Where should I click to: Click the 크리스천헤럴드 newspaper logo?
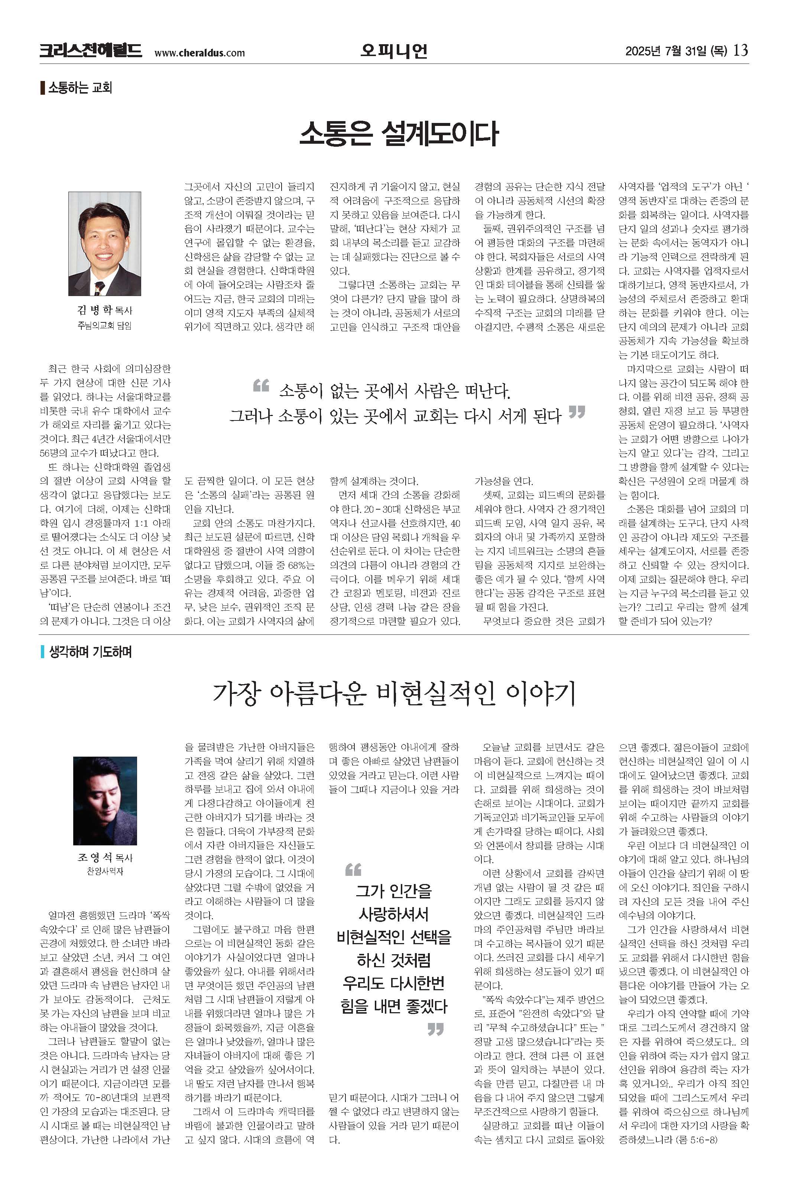pyautogui.click(x=91, y=51)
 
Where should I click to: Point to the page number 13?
pyautogui.click(x=741, y=50)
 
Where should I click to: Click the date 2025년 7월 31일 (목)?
pyautogui.click(x=676, y=51)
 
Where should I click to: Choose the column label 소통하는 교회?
pyautogui.click(x=79, y=88)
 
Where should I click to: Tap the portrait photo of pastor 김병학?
pyautogui.click(x=105, y=244)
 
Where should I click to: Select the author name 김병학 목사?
pyautogui.click(x=105, y=310)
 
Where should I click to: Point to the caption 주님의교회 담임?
pyautogui.click(x=105, y=325)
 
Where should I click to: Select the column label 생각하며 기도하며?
pyautogui.click(x=90, y=652)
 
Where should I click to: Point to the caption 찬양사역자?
pyautogui.click(x=105, y=871)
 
